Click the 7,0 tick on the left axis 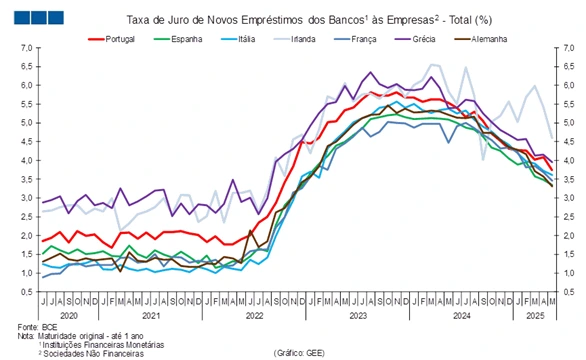26,48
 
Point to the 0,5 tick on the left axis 26,292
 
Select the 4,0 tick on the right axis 568,161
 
